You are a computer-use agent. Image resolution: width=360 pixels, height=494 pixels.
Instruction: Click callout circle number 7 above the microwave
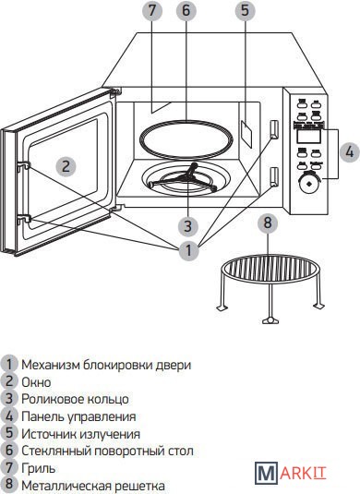coord(152,10)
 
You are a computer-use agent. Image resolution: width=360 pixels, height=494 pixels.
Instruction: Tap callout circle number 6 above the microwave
coord(186,10)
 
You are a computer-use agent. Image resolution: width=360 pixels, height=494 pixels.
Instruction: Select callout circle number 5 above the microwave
coord(245,10)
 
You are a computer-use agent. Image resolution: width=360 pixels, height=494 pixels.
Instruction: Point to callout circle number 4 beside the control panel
coord(349,152)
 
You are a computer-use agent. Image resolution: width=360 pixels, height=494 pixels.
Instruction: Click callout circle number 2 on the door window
coord(66,166)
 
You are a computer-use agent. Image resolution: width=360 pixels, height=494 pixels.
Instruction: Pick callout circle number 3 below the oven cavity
coord(187,225)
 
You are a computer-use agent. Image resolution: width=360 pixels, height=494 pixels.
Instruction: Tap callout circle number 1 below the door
coord(188,251)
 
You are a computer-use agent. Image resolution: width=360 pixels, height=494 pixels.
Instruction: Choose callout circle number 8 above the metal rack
coord(268,223)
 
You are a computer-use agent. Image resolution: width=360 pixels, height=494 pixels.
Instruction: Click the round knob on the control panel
coord(308,184)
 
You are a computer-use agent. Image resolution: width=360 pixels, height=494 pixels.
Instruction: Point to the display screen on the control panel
coord(308,136)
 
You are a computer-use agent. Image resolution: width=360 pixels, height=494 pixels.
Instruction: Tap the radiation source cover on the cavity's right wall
coord(246,133)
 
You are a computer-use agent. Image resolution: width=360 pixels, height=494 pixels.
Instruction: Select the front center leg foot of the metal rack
coord(270,320)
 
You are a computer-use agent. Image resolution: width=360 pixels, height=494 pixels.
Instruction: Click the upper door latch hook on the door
coord(24,165)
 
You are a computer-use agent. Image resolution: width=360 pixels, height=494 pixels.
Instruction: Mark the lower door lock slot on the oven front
coord(274,176)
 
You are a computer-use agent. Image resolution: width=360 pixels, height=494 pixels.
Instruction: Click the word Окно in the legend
coord(36,382)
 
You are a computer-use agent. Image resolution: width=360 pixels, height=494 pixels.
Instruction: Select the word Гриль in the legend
coord(39,468)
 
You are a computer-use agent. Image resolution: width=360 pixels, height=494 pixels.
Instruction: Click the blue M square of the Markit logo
coord(267,473)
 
